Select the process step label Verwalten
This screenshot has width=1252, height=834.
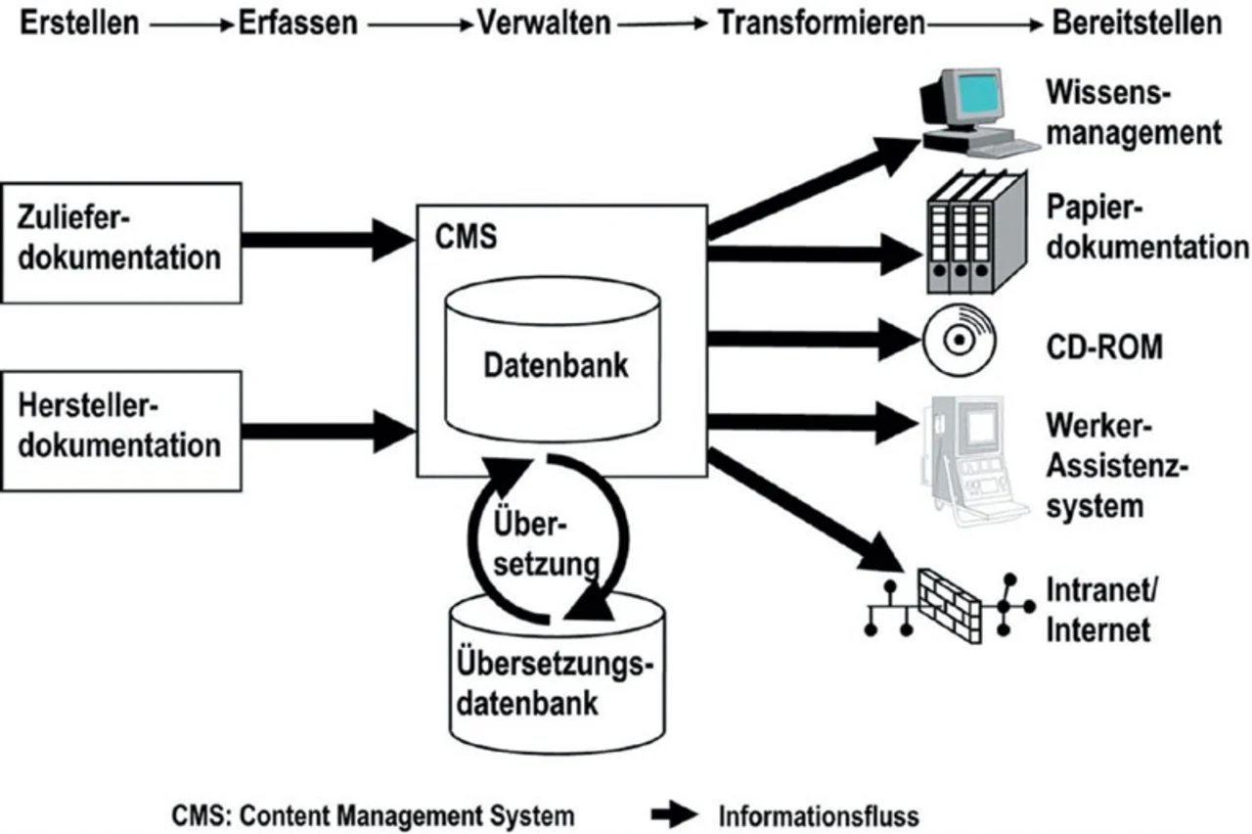click(543, 23)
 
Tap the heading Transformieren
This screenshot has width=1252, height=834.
click(822, 23)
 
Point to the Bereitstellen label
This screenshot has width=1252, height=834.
click(1137, 23)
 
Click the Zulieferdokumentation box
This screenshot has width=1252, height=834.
click(121, 242)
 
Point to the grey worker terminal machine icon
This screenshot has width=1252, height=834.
click(973, 450)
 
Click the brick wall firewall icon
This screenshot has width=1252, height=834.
click(950, 605)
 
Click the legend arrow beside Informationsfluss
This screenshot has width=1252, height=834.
click(675, 815)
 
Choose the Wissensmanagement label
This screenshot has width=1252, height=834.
click(1133, 112)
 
